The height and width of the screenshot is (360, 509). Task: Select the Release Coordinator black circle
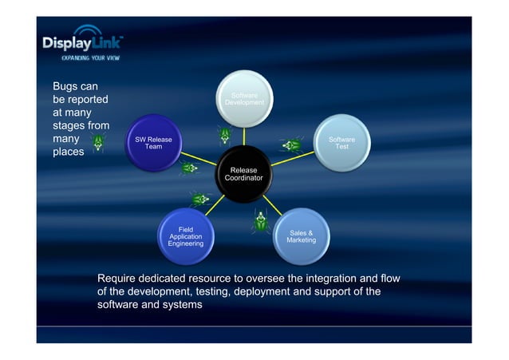click(x=243, y=174)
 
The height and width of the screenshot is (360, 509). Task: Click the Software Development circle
click(x=244, y=100)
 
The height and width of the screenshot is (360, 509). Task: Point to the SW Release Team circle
click(x=153, y=144)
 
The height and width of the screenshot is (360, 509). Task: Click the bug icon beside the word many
click(x=98, y=143)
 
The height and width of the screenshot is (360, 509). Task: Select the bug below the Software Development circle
click(x=226, y=133)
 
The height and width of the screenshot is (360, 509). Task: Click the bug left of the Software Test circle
click(x=290, y=145)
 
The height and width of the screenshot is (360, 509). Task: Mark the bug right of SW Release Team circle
click(x=188, y=168)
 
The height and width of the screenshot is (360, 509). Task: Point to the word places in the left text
click(x=68, y=152)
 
